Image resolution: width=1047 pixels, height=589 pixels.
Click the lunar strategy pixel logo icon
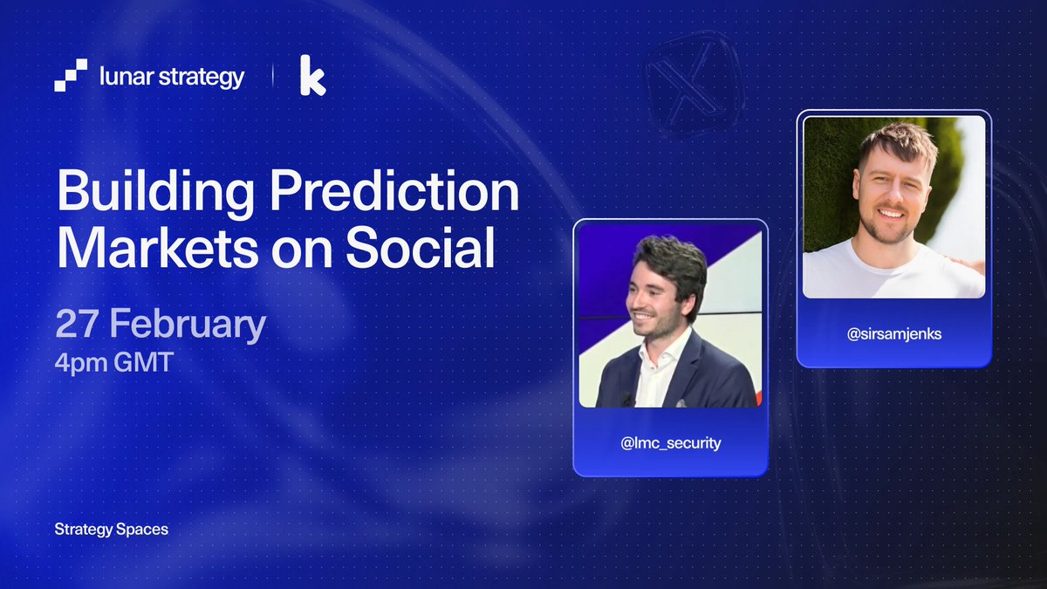(71, 76)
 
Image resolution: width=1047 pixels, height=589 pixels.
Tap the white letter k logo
(312, 76)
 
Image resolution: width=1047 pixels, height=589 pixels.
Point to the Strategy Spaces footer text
(111, 529)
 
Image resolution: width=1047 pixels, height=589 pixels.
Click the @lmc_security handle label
(670, 443)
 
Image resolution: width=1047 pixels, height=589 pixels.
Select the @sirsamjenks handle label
(893, 333)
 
